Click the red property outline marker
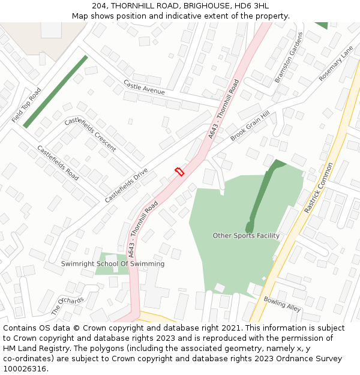pyautogui.click(x=179, y=172)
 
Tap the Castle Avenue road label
pyautogui.click(x=144, y=88)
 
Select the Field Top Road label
pyautogui.click(x=26, y=106)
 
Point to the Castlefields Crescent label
pyautogui.click(x=90, y=134)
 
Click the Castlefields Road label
pyautogui.click(x=58, y=163)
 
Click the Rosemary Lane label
pyautogui.click(x=337, y=64)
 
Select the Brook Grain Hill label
pyautogui.click(x=250, y=126)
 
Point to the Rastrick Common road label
pyautogui.click(x=318, y=188)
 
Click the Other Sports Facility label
pyautogui.click(x=246, y=236)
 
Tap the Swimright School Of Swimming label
pyautogui.click(x=113, y=264)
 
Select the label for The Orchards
pyautogui.click(x=67, y=305)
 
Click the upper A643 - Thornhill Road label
pyautogui.click(x=223, y=110)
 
